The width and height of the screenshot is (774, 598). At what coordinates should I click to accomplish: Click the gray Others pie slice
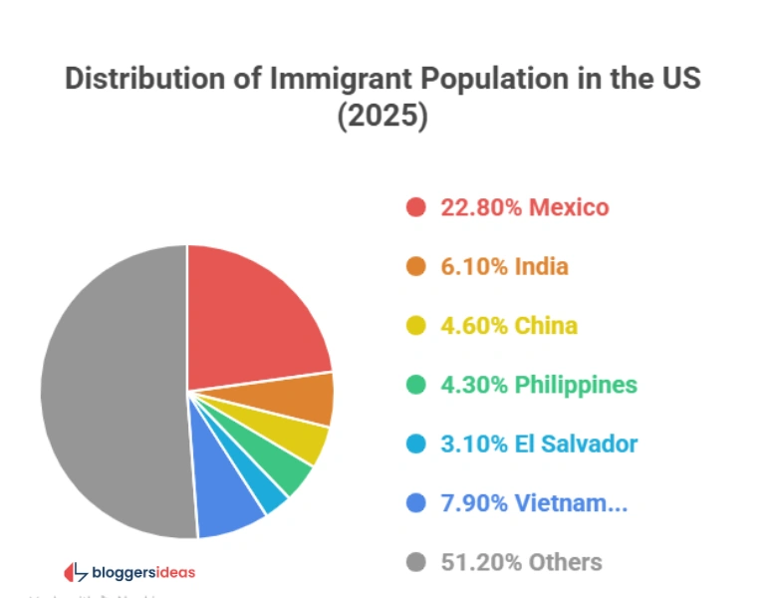(110, 389)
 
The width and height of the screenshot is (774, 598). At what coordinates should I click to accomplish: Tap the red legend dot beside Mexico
(416, 208)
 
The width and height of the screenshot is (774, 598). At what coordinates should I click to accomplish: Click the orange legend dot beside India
(416, 267)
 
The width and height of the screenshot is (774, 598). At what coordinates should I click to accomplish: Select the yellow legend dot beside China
(416, 326)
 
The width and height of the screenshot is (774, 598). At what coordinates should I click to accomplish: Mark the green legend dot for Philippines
(416, 385)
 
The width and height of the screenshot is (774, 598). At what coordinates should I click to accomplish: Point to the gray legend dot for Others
(416, 562)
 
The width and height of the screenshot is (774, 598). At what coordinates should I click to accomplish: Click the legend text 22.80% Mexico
(524, 208)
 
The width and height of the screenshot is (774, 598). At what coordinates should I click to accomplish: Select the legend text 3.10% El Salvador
(539, 444)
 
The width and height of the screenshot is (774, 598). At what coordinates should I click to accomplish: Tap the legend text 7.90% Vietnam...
(534, 503)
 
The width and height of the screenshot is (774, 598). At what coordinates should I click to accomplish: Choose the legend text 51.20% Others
(521, 562)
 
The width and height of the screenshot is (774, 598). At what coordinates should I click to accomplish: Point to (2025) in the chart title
(383, 116)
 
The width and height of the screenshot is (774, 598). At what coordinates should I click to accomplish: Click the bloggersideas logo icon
(76, 572)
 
